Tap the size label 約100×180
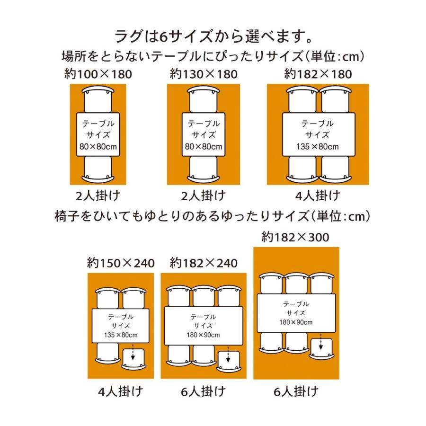point(98,74)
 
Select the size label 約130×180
point(204,74)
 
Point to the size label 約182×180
point(318,74)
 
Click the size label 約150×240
point(121,263)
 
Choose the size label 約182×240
point(204,263)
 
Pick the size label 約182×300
point(295,237)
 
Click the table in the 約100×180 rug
point(98,134)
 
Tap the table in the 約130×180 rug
point(204,134)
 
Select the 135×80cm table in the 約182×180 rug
point(319,134)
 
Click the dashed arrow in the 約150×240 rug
point(133,352)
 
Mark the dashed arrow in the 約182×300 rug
point(321,341)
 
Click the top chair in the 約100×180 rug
point(98,99)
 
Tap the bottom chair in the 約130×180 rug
point(204,169)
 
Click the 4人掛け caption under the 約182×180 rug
point(318,195)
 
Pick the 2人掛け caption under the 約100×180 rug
point(98,195)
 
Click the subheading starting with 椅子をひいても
point(213,216)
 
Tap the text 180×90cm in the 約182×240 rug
point(203,335)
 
